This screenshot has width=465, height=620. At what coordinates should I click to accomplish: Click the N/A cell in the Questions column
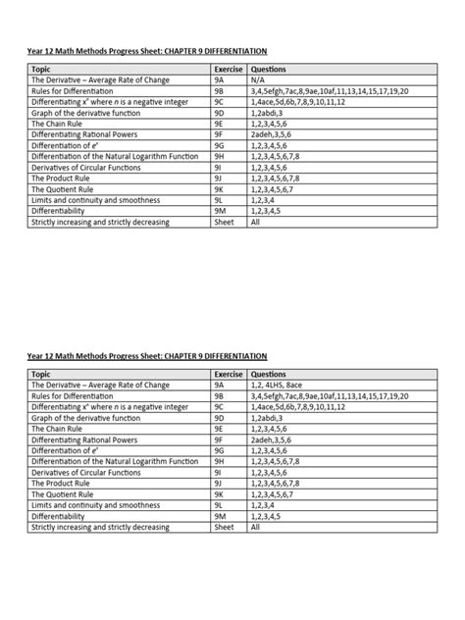pyautogui.click(x=260, y=81)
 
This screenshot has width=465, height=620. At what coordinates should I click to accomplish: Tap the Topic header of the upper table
pyautogui.click(x=42, y=71)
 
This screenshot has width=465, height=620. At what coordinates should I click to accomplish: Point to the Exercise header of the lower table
pyautogui.click(x=229, y=375)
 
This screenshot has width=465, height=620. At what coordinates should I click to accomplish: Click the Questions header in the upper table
pyautogui.click(x=269, y=71)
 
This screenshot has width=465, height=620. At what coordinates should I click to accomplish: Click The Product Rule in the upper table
pyautogui.click(x=66, y=180)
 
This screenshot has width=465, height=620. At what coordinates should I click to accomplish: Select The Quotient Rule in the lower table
pyautogui.click(x=68, y=493)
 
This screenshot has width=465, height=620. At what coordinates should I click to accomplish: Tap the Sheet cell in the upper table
pyautogui.click(x=224, y=223)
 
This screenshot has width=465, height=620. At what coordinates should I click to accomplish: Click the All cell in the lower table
pyautogui.click(x=256, y=527)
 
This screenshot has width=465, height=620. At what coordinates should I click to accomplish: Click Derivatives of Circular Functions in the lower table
pyautogui.click(x=89, y=472)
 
